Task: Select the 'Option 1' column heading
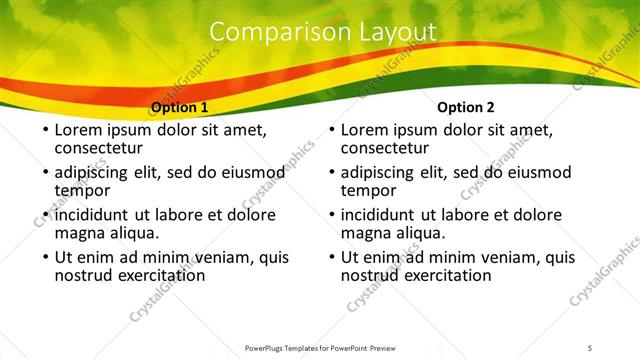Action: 179,107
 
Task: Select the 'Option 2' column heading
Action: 466,107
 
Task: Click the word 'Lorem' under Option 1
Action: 79,130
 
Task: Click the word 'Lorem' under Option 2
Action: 366,130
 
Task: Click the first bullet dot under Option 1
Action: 43,131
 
